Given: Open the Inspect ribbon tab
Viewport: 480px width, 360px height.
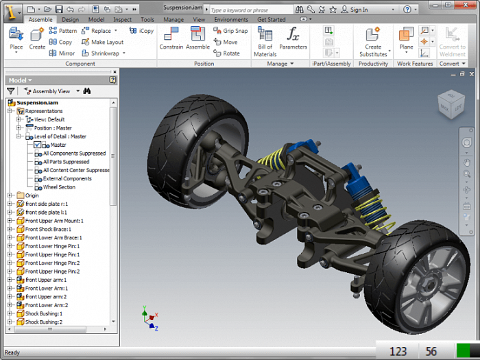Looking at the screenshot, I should click(x=122, y=20).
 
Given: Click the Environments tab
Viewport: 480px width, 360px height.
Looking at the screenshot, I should click(x=231, y=20).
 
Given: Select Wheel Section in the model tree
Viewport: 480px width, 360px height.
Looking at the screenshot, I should click(x=59, y=187).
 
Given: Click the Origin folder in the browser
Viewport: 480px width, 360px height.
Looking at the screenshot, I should click(x=32, y=195).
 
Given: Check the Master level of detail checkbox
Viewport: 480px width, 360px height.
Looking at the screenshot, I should click(x=38, y=145).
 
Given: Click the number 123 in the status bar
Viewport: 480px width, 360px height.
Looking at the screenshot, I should click(x=398, y=351).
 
